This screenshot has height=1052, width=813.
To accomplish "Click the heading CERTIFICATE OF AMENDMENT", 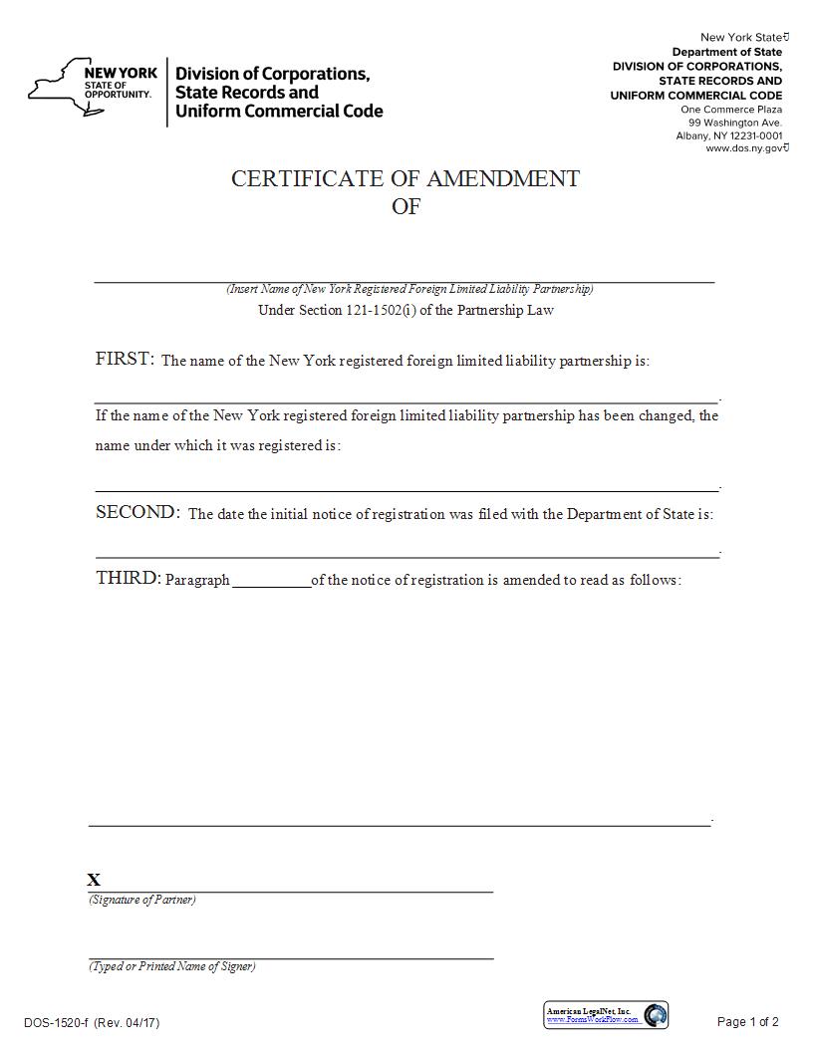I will [406, 178].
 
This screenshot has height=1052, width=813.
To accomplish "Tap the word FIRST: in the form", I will [125, 360].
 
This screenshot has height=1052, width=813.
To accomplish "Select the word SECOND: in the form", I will [137, 513].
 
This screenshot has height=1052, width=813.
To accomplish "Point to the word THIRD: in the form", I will [128, 578].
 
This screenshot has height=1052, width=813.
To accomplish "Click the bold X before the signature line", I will [94, 880].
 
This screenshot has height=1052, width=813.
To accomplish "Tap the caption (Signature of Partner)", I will [142, 900].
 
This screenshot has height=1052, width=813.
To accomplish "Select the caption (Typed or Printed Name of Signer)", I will [171, 966].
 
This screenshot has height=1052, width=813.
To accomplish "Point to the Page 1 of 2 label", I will [747, 1022].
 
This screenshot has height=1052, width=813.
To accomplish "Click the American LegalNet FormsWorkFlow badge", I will [606, 1015].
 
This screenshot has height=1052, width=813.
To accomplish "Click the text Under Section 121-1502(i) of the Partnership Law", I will [406, 310].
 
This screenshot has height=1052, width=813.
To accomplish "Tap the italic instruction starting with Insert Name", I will [409, 289].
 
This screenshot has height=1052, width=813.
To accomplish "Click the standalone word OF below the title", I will [406, 207].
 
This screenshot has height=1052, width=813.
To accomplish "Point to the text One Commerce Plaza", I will [731, 110].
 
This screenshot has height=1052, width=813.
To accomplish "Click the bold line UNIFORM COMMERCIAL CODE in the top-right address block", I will [696, 96].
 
